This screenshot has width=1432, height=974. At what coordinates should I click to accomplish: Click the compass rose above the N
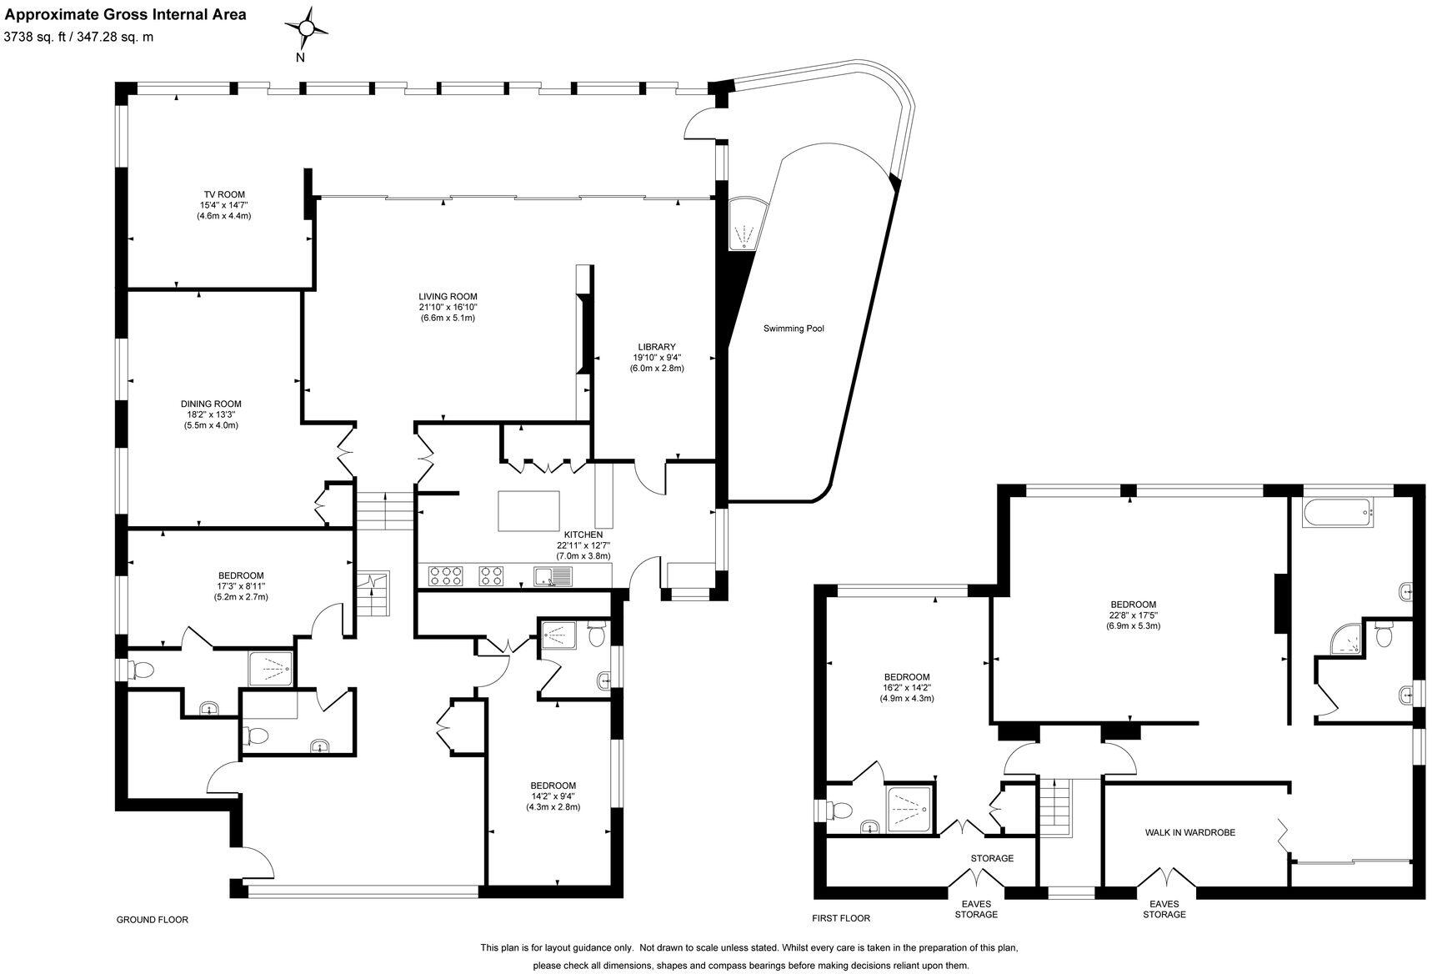coord(306,29)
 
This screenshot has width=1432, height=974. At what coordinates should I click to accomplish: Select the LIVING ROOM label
coord(448,296)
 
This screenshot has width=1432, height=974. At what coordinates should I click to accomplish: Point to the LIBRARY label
coord(657,347)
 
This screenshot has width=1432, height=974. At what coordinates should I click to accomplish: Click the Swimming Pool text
coord(794,329)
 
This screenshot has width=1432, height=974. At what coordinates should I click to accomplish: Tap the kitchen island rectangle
coord(529,511)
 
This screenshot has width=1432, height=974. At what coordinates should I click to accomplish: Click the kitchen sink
coord(553,575)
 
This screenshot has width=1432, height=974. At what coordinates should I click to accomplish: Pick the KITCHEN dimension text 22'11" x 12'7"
coord(583,545)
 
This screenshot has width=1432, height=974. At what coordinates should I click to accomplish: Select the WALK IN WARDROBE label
coord(1189,832)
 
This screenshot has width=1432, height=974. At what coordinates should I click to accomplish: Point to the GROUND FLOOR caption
coord(152,920)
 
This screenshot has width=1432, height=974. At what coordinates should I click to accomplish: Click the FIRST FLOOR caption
coord(841,918)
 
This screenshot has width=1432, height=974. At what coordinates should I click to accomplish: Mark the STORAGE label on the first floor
coord(992,858)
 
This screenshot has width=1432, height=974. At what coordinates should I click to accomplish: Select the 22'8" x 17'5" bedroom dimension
coord(1133,615)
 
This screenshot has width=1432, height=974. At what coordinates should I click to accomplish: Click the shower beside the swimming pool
coord(744,224)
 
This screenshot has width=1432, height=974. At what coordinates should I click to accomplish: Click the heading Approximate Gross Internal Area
coord(125,14)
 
